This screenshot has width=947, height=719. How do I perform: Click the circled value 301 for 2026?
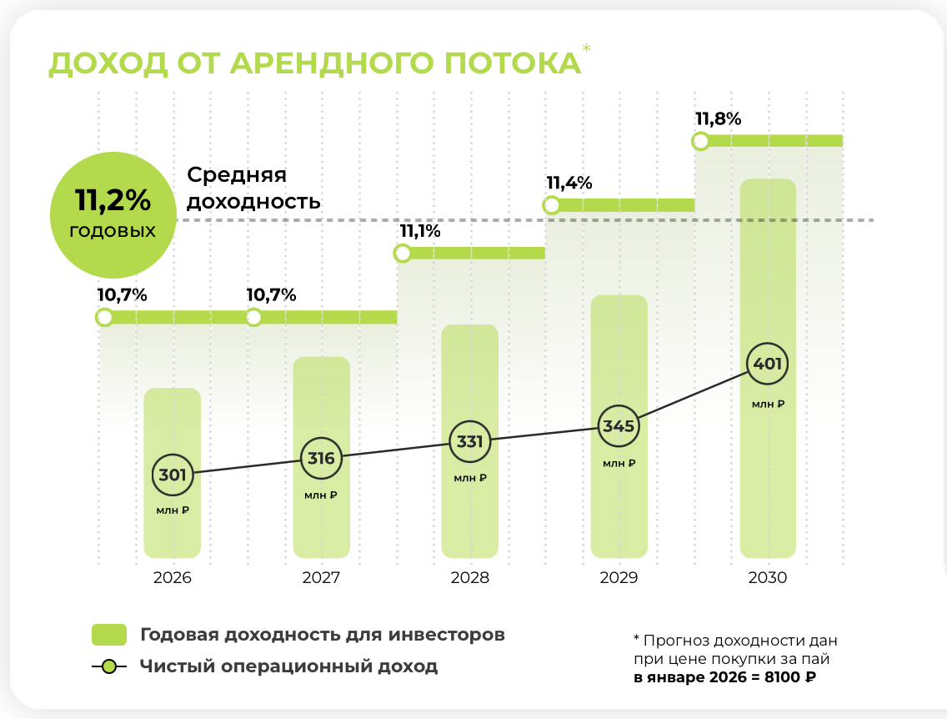(173, 475)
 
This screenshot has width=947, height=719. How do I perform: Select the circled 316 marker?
(321, 458)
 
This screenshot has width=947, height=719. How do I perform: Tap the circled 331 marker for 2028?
(470, 442)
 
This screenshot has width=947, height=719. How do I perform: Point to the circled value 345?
(619, 426)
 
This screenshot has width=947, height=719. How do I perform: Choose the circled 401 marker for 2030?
(768, 364)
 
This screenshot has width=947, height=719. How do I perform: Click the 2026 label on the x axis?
(173, 577)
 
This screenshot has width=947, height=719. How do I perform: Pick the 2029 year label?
(619, 577)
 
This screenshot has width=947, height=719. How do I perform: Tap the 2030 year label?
(768, 577)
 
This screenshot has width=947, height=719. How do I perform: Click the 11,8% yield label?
(718, 118)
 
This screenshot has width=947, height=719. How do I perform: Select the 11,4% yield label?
(569, 183)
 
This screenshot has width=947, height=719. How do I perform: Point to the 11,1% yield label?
(420, 231)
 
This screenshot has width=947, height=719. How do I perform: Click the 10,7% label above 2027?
(271, 294)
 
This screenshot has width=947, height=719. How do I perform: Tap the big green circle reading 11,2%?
(113, 214)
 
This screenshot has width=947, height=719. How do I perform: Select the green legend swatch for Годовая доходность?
(108, 635)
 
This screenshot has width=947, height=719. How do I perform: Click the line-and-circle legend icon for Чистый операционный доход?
(108, 666)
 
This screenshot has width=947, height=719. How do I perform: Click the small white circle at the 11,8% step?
(701, 141)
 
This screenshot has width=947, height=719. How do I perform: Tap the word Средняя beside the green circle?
(237, 175)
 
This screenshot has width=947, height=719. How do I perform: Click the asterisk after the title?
(587, 49)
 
